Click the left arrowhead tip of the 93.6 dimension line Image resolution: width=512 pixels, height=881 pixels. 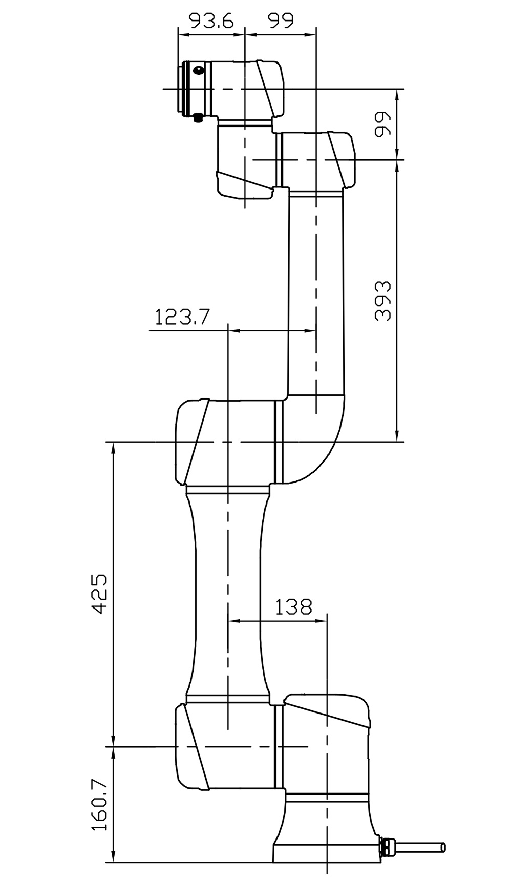coord(178,35)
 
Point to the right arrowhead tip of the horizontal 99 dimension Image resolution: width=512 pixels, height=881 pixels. coord(315,35)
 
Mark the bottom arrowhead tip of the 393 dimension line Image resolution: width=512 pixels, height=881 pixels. coord(397,441)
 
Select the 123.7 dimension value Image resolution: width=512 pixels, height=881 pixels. coord(182,317)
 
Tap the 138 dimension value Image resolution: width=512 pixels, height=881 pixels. coord(293,607)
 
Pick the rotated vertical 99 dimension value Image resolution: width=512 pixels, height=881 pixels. coord(382,124)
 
